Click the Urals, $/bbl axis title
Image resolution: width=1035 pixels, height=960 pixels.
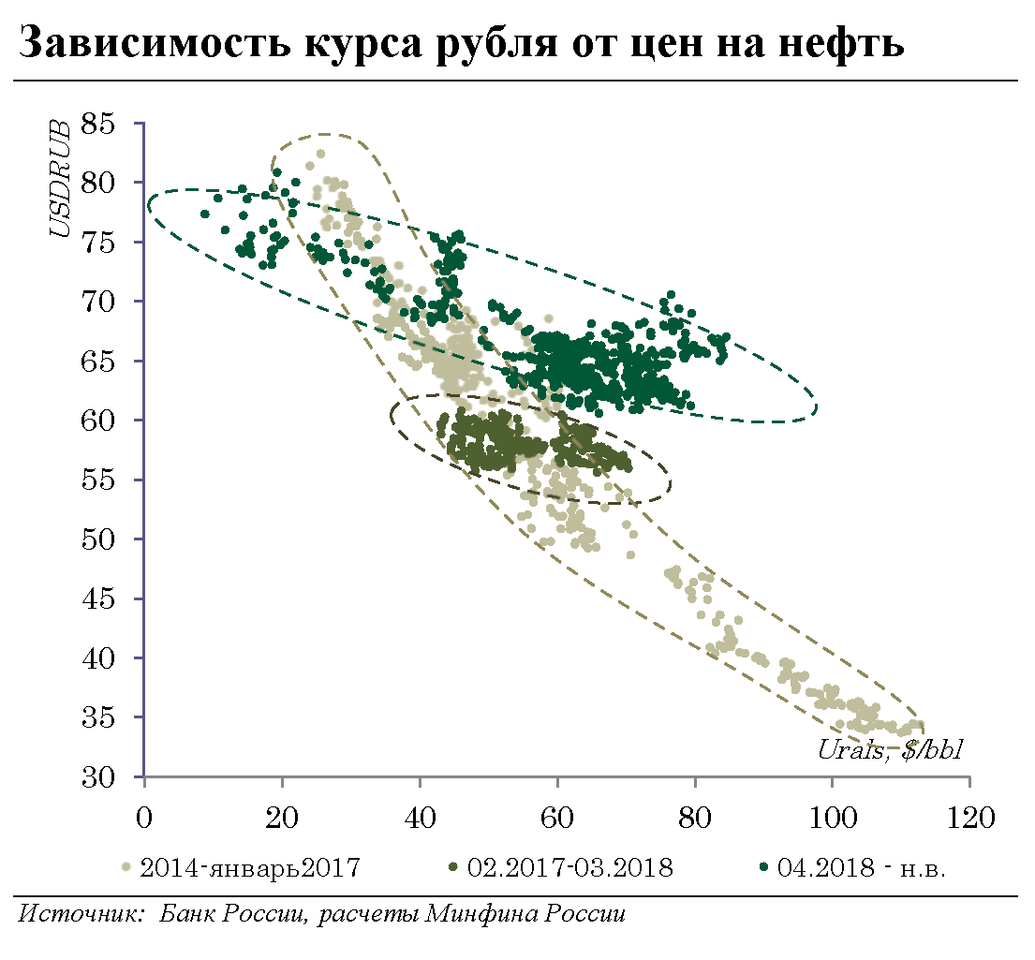(891, 749)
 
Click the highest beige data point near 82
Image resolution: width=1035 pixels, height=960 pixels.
(320, 154)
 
